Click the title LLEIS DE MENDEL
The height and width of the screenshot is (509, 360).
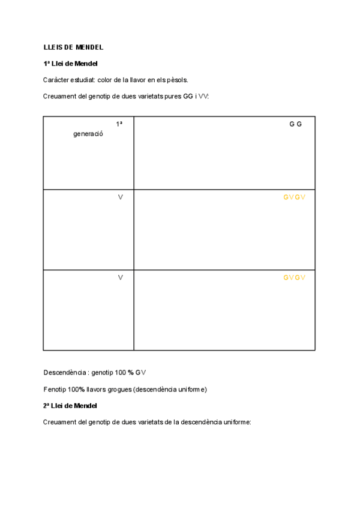coord(73,47)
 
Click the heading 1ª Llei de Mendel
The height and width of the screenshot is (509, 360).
coord(70,64)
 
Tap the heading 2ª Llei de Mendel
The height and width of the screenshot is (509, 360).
coord(70,406)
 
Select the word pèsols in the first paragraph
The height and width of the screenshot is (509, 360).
coord(178,80)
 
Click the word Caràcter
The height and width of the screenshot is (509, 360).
coord(56,80)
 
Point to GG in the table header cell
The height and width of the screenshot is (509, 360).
coord(295,124)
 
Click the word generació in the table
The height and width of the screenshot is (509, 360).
coord(88,134)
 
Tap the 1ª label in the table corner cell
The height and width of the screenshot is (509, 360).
coord(119,124)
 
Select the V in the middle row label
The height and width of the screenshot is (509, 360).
coord(121,197)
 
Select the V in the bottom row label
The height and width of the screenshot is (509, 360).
coord(121,277)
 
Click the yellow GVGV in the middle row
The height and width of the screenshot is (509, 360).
coord(295,197)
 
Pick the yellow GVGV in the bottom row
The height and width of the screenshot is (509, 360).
coord(295,277)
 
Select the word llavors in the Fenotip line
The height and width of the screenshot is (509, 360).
coord(98,390)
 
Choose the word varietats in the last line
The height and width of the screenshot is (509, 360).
coord(138,422)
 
